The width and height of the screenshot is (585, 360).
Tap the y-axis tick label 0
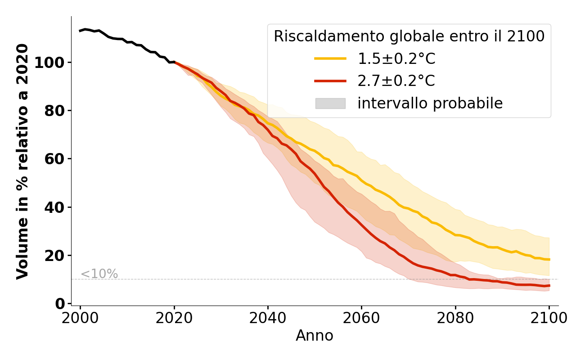pyautogui.click(x=60, y=304)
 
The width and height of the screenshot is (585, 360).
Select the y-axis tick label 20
pyautogui.click(x=55, y=256)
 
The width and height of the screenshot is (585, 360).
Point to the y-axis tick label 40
pyautogui.click(x=55, y=207)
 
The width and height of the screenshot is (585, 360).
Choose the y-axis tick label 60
pyautogui.click(x=55, y=159)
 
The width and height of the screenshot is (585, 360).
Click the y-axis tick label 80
pyautogui.click(x=55, y=111)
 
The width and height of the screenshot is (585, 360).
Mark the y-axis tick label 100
pyautogui.click(x=49, y=62)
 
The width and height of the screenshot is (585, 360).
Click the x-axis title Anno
pyautogui.click(x=315, y=336)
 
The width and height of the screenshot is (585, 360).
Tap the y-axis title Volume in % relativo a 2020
pyautogui.click(x=22, y=161)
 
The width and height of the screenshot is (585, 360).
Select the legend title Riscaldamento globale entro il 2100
pyautogui.click(x=409, y=36)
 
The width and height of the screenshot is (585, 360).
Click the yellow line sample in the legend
pyautogui.click(x=330, y=58)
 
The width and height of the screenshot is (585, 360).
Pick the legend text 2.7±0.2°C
pyautogui.click(x=396, y=81)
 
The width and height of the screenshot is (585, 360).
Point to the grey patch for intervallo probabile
pyautogui.click(x=330, y=103)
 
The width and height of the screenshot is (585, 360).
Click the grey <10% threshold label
pyautogui.click(x=99, y=274)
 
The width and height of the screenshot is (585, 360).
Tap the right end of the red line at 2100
pyautogui.click(x=549, y=286)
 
